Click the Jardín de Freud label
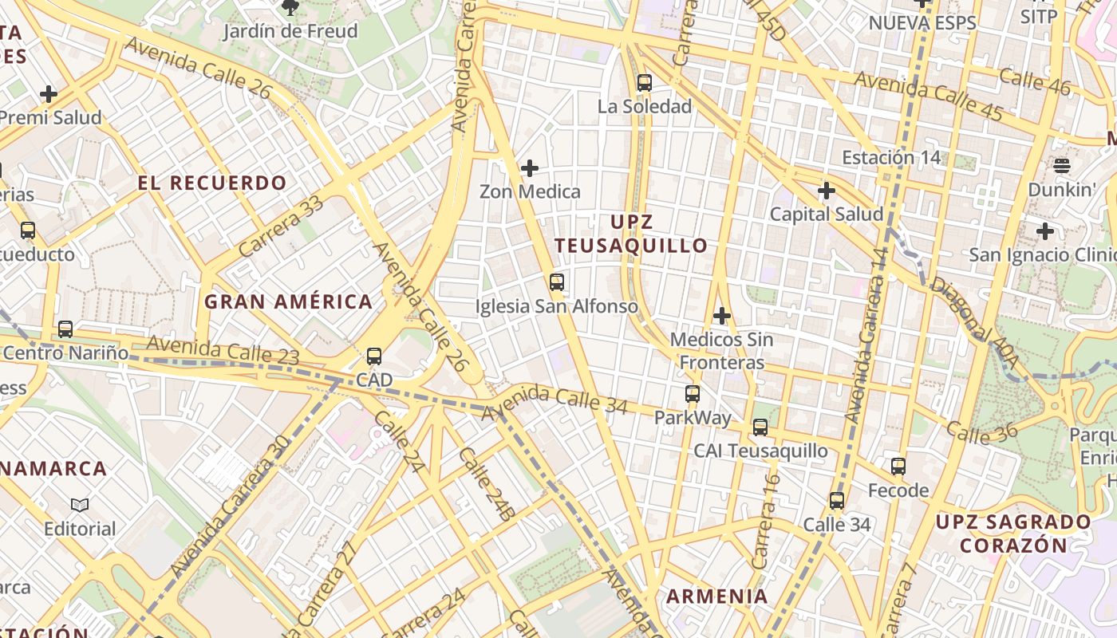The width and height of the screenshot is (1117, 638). (290, 31)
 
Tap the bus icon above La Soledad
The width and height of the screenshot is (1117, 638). (645, 82)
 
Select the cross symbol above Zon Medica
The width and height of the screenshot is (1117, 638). (529, 168)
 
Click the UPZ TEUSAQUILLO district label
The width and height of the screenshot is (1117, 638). (632, 234)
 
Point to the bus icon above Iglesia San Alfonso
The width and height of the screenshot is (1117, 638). (557, 282)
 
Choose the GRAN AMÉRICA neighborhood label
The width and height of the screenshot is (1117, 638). (288, 301)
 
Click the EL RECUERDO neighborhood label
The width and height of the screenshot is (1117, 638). (212, 183)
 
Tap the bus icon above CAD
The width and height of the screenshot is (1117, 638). (374, 356)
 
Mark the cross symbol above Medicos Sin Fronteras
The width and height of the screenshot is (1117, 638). (722, 316)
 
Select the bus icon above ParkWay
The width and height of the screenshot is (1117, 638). (693, 393)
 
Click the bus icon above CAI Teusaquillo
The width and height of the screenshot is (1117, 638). (760, 427)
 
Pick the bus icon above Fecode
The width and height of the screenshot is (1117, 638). (898, 466)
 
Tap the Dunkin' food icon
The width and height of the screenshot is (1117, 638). (1061, 166)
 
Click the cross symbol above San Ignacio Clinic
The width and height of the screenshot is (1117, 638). (1044, 231)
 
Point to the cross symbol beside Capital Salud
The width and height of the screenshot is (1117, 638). (827, 191)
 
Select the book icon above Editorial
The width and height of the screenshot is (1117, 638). (80, 505)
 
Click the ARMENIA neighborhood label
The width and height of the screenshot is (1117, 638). (717, 596)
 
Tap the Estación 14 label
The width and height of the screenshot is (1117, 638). (891, 157)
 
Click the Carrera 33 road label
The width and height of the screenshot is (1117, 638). (281, 226)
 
